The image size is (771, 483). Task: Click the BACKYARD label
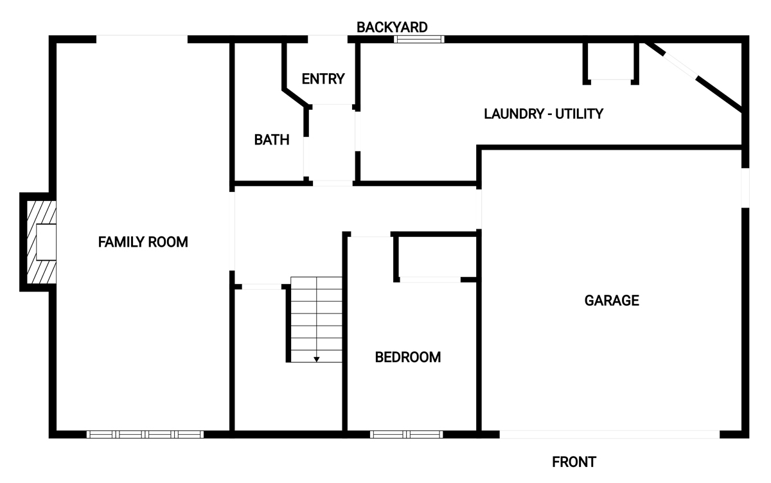(392, 27)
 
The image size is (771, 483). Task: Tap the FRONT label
(574, 462)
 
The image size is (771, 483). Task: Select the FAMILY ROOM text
(143, 242)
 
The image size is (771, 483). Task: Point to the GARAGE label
(612, 301)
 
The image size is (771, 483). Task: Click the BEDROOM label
(407, 357)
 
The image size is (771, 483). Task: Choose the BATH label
(272, 139)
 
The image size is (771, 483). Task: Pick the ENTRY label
(323, 79)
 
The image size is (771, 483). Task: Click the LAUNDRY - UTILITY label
(544, 114)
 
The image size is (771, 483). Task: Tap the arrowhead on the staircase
(316, 360)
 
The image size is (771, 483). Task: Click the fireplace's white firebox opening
(46, 242)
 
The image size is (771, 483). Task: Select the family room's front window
(145, 434)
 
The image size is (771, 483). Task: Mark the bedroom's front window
(407, 434)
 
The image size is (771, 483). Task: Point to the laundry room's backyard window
(419, 39)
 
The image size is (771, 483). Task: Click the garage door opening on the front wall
(610, 434)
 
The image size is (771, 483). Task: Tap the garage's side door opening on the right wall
(745, 188)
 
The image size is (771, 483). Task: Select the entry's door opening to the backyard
(327, 39)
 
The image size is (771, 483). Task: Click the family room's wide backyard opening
(142, 39)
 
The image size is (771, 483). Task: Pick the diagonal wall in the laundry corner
(693, 76)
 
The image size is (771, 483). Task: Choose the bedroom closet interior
(437, 257)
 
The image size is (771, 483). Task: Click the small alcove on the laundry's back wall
(611, 61)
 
